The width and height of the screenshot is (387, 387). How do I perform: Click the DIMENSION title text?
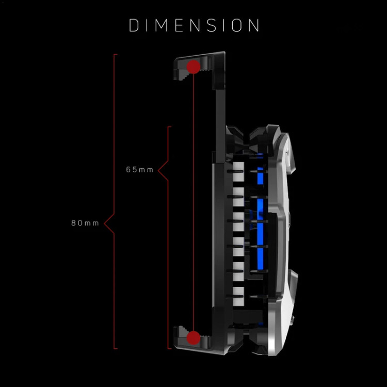(x=194, y=25)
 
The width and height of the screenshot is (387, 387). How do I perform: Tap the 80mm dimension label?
(x=85, y=223)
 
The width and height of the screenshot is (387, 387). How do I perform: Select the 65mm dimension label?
(x=140, y=170)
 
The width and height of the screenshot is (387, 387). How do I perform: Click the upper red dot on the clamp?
(x=193, y=67)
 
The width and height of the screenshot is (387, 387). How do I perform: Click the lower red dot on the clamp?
(x=193, y=338)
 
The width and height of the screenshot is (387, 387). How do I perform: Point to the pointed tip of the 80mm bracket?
(x=104, y=223)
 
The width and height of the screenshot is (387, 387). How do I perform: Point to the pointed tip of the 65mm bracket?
(x=158, y=171)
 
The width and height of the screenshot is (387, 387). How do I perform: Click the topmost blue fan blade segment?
(x=260, y=175)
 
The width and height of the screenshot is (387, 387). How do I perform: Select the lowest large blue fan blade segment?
(x=260, y=259)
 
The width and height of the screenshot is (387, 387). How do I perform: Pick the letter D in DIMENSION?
(x=134, y=25)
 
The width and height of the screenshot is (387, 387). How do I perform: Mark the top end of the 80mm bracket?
(x=116, y=54)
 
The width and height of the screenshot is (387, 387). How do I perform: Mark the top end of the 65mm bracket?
(x=169, y=126)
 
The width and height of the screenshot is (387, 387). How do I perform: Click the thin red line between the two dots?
(x=193, y=202)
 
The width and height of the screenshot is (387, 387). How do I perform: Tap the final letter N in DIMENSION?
(x=254, y=25)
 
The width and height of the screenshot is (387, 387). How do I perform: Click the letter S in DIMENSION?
(x=212, y=25)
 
